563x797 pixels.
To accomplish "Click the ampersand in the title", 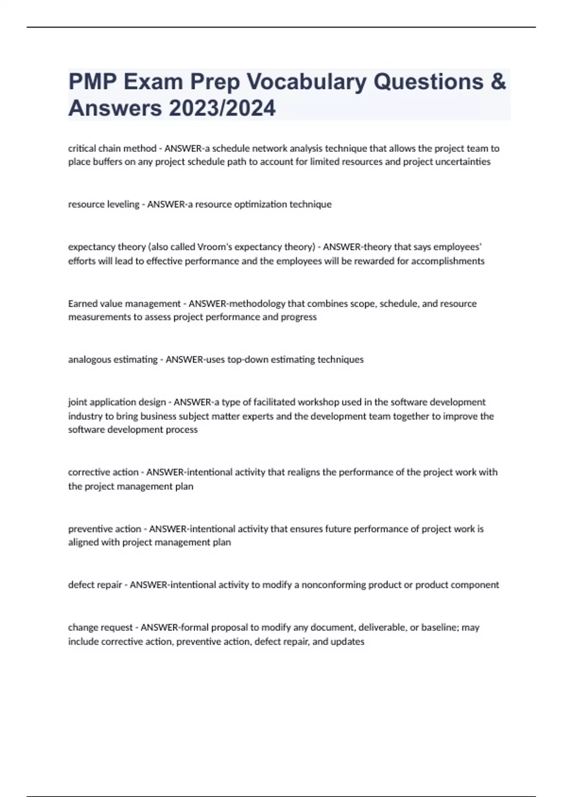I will [x=499, y=82].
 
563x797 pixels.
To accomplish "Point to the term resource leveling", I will [x=104, y=204].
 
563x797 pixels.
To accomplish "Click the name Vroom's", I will [x=214, y=247].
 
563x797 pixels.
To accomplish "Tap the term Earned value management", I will [x=124, y=304].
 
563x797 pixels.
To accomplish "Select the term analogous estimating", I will [x=113, y=360].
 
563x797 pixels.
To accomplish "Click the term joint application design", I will [x=117, y=402].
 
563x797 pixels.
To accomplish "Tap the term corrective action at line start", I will [x=103, y=473].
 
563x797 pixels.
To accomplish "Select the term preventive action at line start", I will [x=105, y=529].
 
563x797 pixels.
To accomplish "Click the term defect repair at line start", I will [x=95, y=585].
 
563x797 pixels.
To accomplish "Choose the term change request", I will [x=100, y=628].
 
